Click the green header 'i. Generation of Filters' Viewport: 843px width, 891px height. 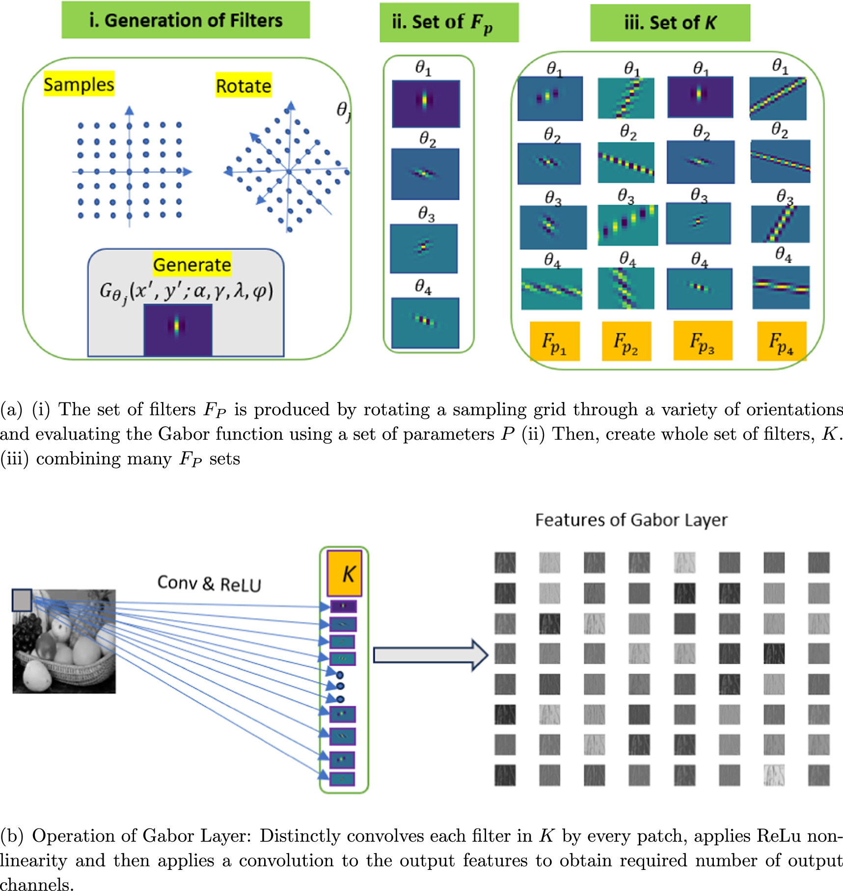[186, 21]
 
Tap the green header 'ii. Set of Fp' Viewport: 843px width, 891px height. [449, 23]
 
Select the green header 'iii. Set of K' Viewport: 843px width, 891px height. [670, 23]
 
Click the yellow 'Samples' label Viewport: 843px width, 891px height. [79, 84]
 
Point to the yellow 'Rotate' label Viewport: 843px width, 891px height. [244, 86]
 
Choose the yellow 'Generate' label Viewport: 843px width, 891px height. [192, 265]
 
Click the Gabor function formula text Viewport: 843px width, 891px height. [186, 292]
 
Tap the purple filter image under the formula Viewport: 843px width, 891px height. [178, 329]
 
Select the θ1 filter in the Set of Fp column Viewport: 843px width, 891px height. [426, 104]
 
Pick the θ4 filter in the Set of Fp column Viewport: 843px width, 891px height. [425, 323]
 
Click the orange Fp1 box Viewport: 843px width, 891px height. [555, 342]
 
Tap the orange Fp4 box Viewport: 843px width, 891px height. [781, 342]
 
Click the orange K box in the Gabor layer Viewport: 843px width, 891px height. [345, 573]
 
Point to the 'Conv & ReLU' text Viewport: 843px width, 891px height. [209, 584]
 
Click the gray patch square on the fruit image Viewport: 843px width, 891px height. [22, 600]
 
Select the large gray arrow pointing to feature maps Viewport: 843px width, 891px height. [430, 654]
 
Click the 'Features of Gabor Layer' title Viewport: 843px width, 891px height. [631, 520]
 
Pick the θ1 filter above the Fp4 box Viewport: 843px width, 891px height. [778, 99]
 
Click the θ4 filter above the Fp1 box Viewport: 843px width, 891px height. [551, 289]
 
